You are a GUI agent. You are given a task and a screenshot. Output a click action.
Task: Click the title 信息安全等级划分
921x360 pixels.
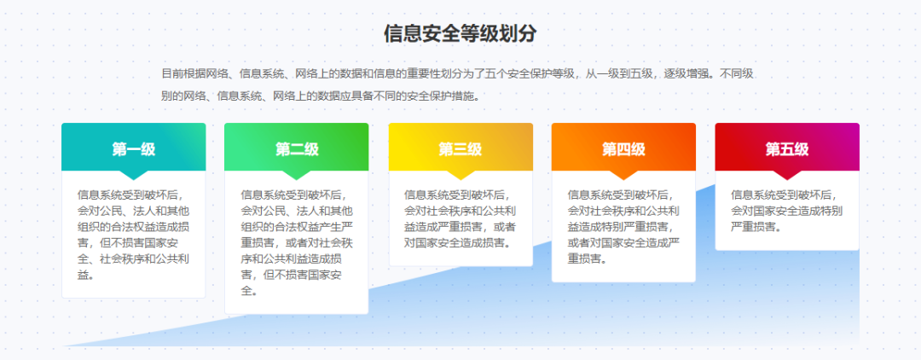click(x=460, y=34)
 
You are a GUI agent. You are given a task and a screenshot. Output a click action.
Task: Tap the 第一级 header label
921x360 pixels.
click(x=133, y=149)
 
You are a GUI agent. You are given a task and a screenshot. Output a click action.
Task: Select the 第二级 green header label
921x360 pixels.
click(x=297, y=149)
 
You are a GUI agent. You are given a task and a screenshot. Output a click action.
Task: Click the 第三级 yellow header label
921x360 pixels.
click(x=460, y=149)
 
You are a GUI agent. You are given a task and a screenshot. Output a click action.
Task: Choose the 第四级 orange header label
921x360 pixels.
click(x=623, y=149)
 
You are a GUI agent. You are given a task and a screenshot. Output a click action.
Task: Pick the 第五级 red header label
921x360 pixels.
click(x=787, y=149)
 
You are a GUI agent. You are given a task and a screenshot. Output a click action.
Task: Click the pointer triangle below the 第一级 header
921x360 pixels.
click(x=133, y=175)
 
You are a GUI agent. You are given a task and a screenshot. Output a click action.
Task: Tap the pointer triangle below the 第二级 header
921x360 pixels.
click(x=297, y=175)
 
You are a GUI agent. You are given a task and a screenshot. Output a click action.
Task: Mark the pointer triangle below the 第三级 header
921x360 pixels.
click(x=460, y=175)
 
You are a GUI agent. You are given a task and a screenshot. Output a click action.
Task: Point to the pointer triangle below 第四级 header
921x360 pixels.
click(x=623, y=175)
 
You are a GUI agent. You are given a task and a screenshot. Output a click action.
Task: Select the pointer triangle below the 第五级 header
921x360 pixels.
click(x=787, y=175)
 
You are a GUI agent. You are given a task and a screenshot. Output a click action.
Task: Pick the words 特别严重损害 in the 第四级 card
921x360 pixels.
click(x=634, y=226)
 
